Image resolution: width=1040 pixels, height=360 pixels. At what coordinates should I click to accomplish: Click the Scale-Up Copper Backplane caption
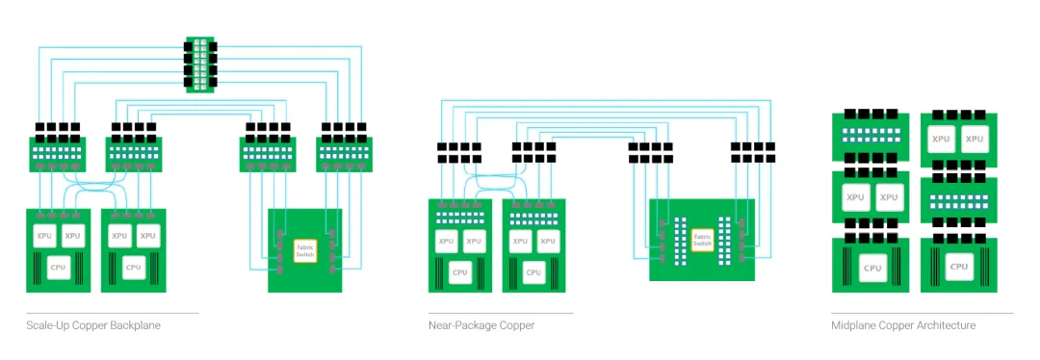pyautogui.click(x=93, y=325)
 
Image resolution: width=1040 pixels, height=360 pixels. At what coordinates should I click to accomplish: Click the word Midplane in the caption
pyautogui.click(x=851, y=325)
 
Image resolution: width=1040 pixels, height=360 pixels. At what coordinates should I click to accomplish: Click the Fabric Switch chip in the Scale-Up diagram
pyautogui.click(x=305, y=250)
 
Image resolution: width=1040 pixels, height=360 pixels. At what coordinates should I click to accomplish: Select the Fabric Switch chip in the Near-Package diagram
pyautogui.click(x=702, y=240)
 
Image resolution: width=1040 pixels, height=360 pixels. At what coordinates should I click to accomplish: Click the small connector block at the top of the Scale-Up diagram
pyautogui.click(x=199, y=64)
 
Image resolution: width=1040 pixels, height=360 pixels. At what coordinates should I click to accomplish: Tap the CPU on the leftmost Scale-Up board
pyautogui.click(x=59, y=268)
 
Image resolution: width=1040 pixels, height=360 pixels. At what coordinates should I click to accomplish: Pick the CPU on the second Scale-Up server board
pyautogui.click(x=133, y=268)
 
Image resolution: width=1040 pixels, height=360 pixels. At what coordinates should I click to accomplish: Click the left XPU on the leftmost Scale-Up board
pyautogui.click(x=44, y=236)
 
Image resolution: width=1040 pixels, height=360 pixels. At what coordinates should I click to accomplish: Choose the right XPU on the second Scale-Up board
pyautogui.click(x=148, y=236)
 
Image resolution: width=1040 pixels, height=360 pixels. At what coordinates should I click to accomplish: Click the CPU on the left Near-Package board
pyautogui.click(x=459, y=271)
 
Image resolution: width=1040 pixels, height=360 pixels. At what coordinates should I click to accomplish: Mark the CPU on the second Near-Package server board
pyautogui.click(x=533, y=271)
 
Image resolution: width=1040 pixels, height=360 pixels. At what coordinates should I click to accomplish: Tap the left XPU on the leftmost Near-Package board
pyautogui.click(x=447, y=242)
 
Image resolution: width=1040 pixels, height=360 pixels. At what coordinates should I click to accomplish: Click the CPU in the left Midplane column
pyautogui.click(x=872, y=268)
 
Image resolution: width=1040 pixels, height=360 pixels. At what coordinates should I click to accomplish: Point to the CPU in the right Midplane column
pyautogui.click(x=958, y=267)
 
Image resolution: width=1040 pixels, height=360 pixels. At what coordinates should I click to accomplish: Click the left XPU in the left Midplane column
pyautogui.click(x=855, y=197)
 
